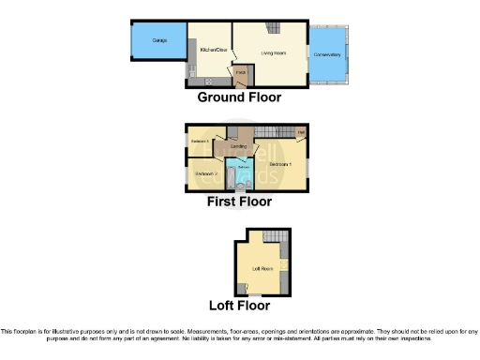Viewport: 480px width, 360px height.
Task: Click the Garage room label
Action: (147, 44)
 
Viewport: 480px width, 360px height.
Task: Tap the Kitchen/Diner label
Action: (216, 49)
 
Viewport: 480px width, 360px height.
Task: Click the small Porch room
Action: (241, 72)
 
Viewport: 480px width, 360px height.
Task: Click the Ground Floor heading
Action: (239, 97)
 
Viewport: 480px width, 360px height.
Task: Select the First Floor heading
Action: (240, 202)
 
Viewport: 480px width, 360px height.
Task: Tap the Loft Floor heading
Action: (240, 306)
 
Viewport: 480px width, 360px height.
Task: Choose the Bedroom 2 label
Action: (206, 173)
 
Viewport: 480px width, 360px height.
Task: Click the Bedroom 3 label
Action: (200, 142)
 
